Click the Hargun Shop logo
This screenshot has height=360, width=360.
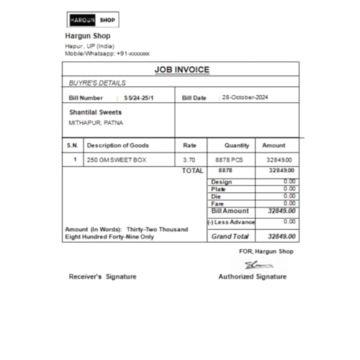[92, 19]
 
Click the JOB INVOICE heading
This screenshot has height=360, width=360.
[181, 70]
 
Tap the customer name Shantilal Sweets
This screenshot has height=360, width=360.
[95, 112]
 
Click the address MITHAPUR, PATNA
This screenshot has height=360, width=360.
[95, 123]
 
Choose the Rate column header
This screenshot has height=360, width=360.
[190, 145]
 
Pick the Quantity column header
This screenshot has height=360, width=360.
[236, 145]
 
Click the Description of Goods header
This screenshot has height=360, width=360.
[117, 145]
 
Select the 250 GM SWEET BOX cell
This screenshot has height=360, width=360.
[116, 160]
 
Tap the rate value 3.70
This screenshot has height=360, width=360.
[189, 160]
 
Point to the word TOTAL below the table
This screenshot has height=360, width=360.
[192, 171]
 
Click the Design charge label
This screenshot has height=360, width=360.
[222, 181]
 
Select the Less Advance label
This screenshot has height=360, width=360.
[231, 222]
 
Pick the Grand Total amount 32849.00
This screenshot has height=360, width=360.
[282, 236]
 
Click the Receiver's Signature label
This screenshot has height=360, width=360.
[102, 276]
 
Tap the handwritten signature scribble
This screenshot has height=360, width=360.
[253, 264]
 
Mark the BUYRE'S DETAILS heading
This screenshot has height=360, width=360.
[97, 83]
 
